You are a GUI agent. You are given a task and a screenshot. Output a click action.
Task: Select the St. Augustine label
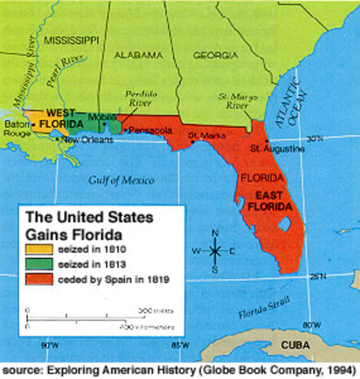pyautogui.click(x=276, y=148)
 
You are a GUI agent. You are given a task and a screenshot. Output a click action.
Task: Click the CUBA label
pyautogui.click(x=297, y=349)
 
